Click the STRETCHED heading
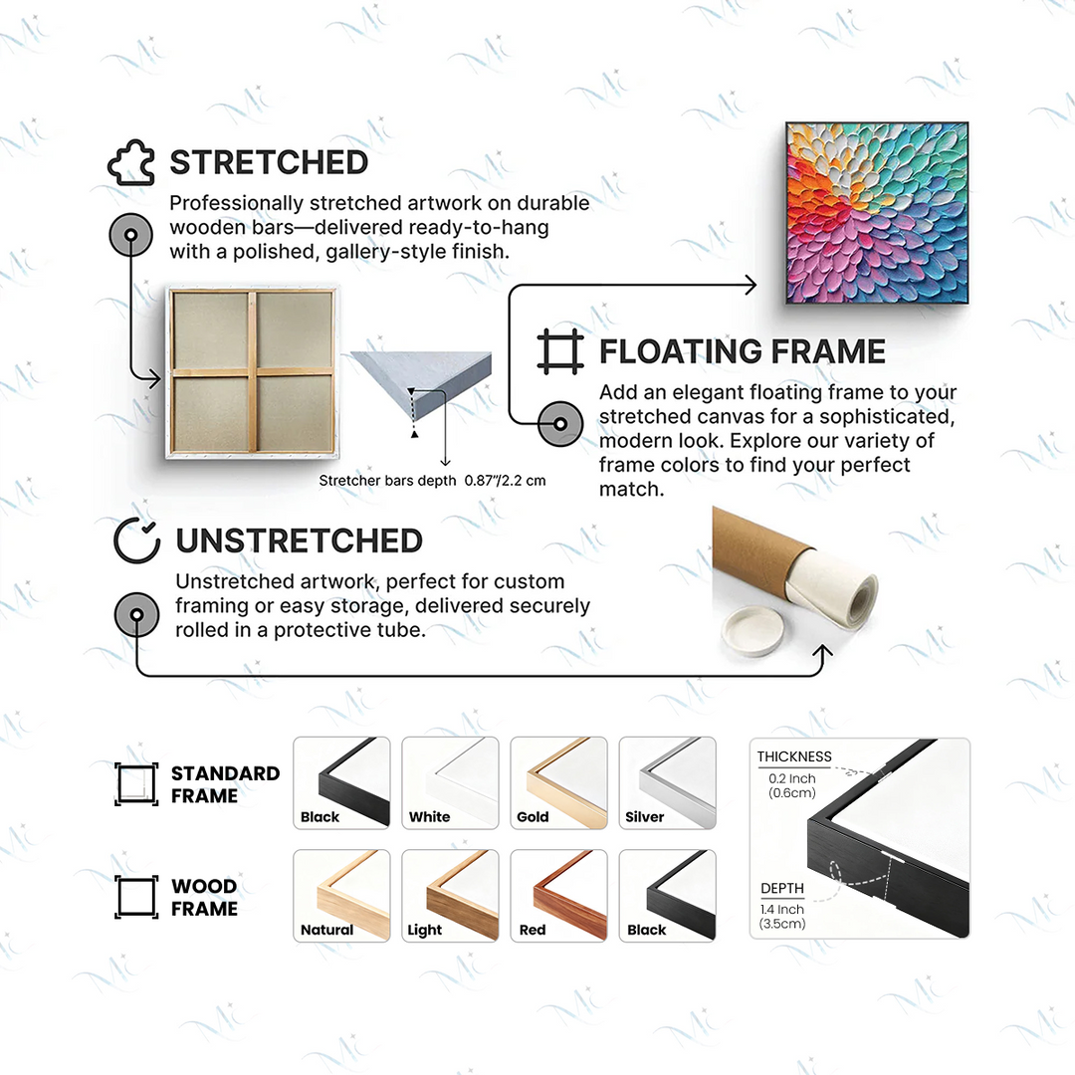pyautogui.click(x=269, y=162)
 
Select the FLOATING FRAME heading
pyautogui.click(x=743, y=351)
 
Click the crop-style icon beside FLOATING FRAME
pyautogui.click(x=560, y=351)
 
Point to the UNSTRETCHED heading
pyautogui.click(x=299, y=540)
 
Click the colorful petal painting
pyautogui.click(x=877, y=213)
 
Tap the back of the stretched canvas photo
pyautogui.click(x=252, y=372)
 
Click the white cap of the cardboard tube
pyautogui.click(x=752, y=632)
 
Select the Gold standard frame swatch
pyautogui.click(x=558, y=783)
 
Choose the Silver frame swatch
pyautogui.click(x=667, y=783)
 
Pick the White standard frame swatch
pyautogui.click(x=450, y=783)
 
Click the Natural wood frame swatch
pyautogui.click(x=341, y=896)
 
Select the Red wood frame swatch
pyautogui.click(x=558, y=896)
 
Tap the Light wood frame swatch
pyautogui.click(x=450, y=896)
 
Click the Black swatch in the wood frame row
pyautogui.click(x=667, y=896)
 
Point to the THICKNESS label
pyautogui.click(x=794, y=756)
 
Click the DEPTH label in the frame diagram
pyautogui.click(x=781, y=889)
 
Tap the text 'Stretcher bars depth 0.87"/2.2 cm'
pyautogui.click(x=433, y=481)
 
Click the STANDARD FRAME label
pyautogui.click(x=225, y=784)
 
